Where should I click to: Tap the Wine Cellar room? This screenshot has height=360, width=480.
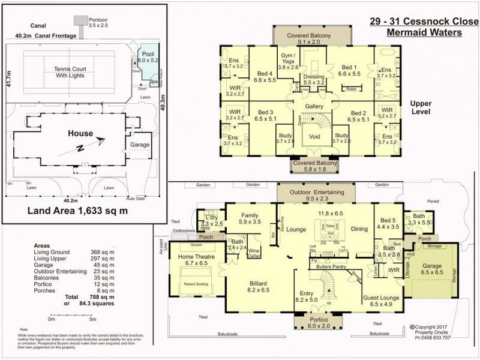[254, 254]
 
